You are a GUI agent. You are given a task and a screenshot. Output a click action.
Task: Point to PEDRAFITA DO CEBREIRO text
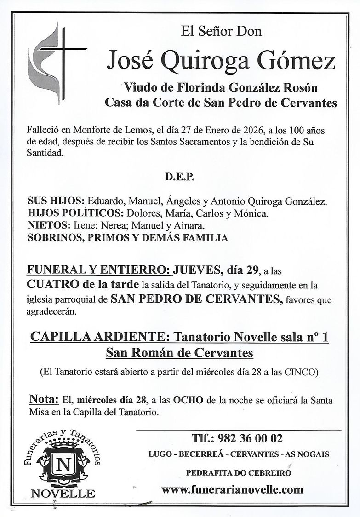(238, 472)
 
